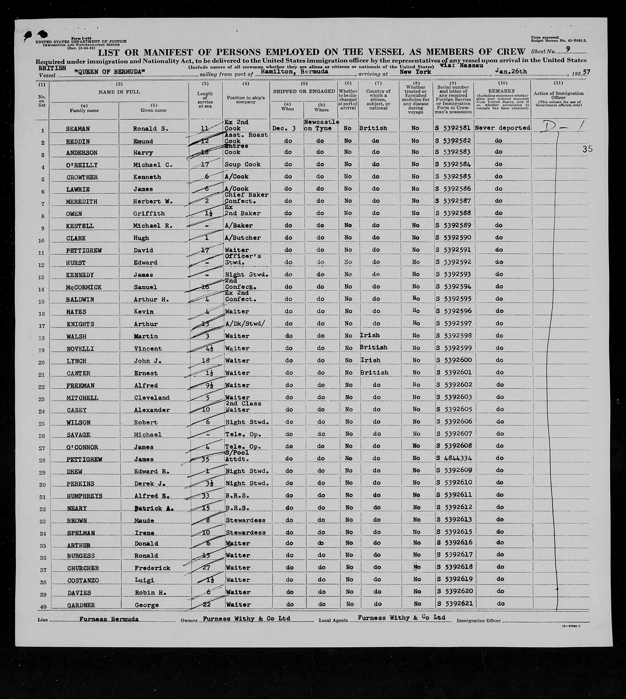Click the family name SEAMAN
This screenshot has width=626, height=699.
click(78, 129)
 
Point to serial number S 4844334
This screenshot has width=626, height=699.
click(453, 458)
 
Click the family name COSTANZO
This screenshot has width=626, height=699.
click(83, 580)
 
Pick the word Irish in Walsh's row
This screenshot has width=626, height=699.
click(370, 335)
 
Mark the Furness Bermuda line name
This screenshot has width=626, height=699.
click(109, 619)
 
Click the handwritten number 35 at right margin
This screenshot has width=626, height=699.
click(588, 149)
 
